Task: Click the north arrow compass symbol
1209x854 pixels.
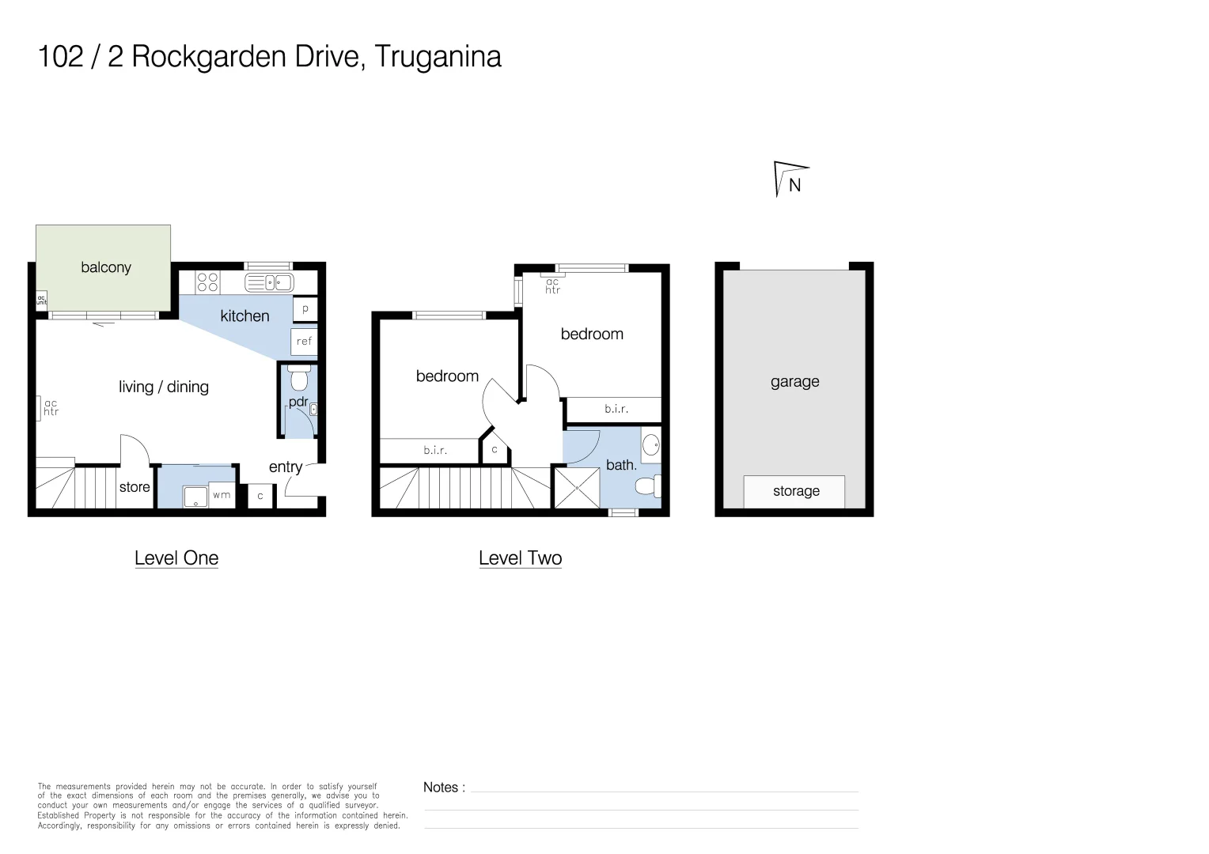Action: (x=790, y=179)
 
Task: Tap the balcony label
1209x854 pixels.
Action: (x=106, y=267)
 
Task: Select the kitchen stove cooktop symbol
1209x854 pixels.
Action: (x=207, y=282)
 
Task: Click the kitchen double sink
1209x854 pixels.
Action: (x=269, y=282)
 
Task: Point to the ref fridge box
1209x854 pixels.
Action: (x=304, y=342)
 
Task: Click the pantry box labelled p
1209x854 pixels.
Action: (x=305, y=309)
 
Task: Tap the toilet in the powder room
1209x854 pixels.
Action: (x=298, y=379)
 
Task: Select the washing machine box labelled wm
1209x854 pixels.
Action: (x=222, y=496)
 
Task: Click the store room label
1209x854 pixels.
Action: (x=135, y=487)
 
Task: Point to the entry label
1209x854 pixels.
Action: (x=285, y=467)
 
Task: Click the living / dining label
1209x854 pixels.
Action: (x=164, y=387)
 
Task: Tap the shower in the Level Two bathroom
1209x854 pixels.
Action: (x=576, y=488)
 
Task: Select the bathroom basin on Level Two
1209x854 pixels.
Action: (x=650, y=445)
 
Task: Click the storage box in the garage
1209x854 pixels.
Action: (x=794, y=491)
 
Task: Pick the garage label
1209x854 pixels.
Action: (x=794, y=382)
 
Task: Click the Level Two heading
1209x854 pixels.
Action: (x=520, y=558)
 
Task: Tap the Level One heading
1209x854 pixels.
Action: (x=176, y=558)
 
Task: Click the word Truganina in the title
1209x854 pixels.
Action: (x=438, y=57)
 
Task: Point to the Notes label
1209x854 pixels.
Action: (x=444, y=788)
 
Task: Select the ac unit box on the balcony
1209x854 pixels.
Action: (x=41, y=300)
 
